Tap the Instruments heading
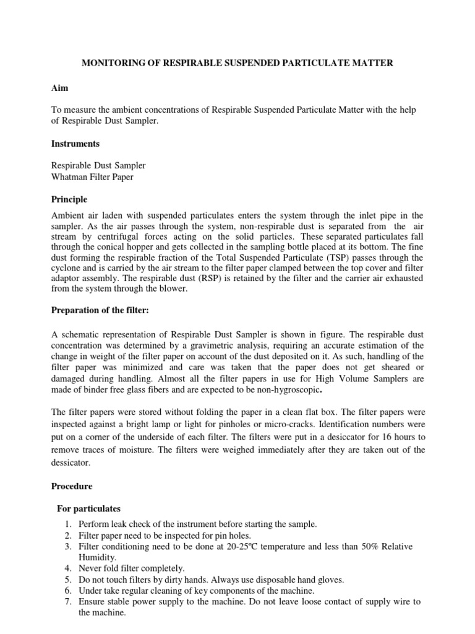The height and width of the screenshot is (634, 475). click(x=75, y=144)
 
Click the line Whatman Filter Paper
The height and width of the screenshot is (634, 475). click(x=92, y=177)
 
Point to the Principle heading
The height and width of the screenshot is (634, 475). click(x=69, y=199)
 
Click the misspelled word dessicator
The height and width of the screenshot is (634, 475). click(x=72, y=462)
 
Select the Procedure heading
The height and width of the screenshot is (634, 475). click(x=71, y=487)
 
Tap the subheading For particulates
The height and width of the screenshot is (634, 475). click(x=88, y=509)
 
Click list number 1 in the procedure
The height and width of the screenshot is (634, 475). click(x=67, y=524)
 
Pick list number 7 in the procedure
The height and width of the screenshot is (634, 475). click(x=67, y=602)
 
